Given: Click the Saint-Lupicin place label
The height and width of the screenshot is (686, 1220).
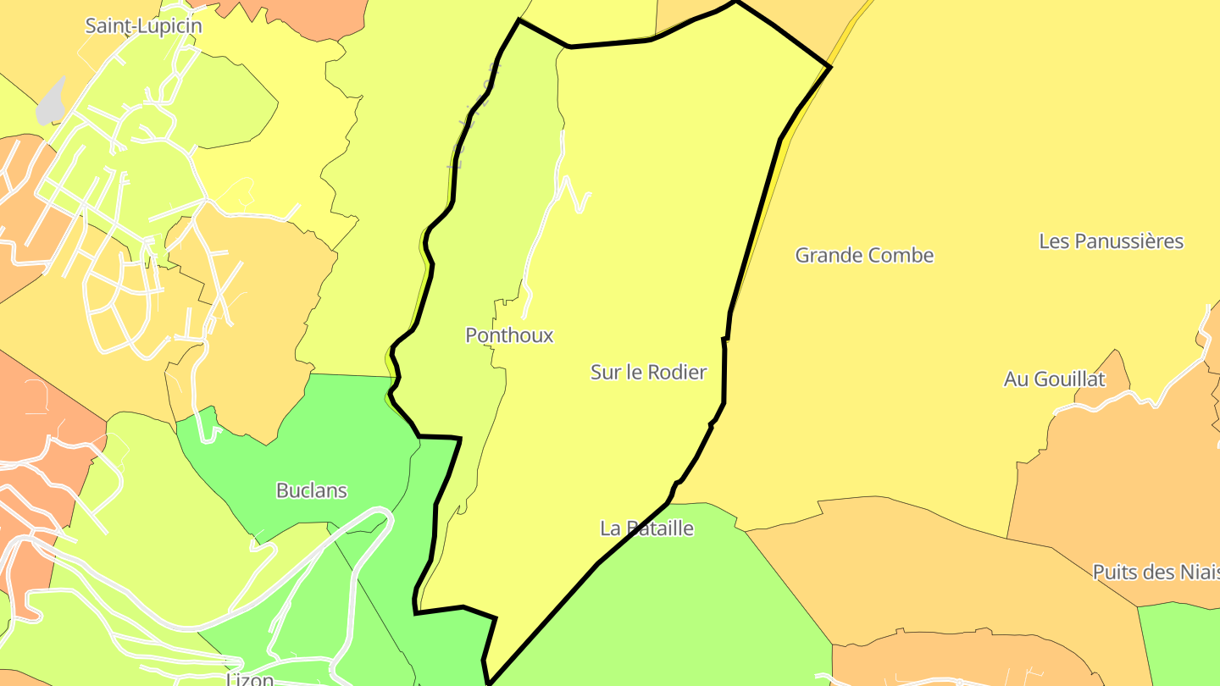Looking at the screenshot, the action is click(x=143, y=25).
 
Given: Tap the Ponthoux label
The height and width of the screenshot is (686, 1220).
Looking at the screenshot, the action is click(x=509, y=335).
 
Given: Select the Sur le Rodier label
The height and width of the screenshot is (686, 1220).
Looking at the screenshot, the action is click(x=648, y=372).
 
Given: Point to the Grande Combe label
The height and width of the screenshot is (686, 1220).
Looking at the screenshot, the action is click(x=864, y=255).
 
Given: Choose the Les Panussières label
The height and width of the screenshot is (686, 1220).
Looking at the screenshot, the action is click(x=1111, y=241).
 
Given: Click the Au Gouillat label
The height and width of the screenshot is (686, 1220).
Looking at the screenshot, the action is click(x=1054, y=379).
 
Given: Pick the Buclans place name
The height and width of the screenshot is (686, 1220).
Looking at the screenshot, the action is click(x=312, y=490).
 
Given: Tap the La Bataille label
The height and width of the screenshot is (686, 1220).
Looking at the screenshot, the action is click(x=646, y=528).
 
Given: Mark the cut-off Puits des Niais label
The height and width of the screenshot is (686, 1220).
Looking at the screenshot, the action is click(x=1156, y=572).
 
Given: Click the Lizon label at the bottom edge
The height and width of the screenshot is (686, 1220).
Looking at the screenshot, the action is click(x=251, y=679).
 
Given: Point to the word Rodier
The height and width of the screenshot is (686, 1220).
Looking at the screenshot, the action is click(x=677, y=372).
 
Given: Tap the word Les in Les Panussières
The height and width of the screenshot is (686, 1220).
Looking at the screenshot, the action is click(x=1054, y=241).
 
